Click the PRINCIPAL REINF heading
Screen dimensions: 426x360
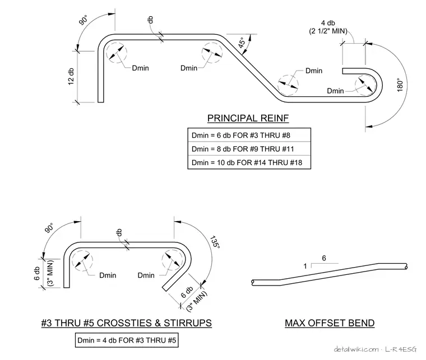[x=248, y=118]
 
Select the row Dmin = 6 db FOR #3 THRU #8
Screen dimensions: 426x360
[x=249, y=135]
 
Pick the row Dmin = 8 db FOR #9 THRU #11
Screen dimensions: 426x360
[x=249, y=149]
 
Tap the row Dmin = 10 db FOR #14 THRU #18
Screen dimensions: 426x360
[x=249, y=162]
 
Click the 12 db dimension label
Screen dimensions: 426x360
[x=71, y=77]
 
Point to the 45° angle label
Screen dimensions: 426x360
[x=242, y=43]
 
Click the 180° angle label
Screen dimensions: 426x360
[x=400, y=85]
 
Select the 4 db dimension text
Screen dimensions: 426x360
[x=328, y=23]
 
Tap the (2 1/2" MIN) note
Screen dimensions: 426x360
[x=328, y=31]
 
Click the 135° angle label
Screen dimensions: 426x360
[x=215, y=241]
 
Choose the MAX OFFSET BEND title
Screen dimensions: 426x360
[x=330, y=323]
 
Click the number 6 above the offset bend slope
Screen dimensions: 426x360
[x=324, y=258]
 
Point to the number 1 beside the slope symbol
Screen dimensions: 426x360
[x=305, y=266]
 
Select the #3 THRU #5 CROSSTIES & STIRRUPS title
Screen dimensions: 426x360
[x=126, y=323]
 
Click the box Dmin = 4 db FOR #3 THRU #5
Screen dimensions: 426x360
[x=127, y=340]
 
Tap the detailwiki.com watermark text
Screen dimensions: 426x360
[x=356, y=349]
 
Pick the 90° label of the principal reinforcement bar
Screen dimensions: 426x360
[x=84, y=20]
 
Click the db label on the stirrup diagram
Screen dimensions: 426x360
[x=119, y=232]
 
